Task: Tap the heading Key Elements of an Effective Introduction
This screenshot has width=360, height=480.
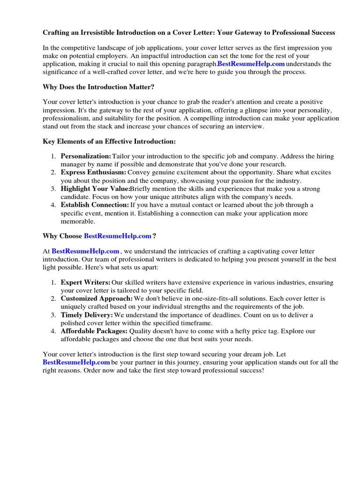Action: (x=109, y=141)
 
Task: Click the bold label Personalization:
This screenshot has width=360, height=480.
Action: (x=86, y=156)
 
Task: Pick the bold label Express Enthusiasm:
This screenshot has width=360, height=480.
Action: (x=93, y=172)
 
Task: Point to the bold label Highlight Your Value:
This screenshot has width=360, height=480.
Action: (x=95, y=189)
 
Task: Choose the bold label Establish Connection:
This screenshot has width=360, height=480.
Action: (x=95, y=205)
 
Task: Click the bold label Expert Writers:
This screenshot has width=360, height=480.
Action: (x=85, y=283)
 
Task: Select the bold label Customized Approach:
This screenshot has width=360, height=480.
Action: (x=97, y=299)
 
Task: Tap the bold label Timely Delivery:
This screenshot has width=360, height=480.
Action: (x=87, y=315)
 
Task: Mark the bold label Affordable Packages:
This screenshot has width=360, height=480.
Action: (x=94, y=331)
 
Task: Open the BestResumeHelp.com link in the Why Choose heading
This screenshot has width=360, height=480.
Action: (x=118, y=236)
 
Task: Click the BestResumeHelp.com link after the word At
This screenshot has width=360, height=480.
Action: (x=85, y=252)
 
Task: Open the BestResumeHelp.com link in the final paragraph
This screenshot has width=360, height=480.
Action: (x=76, y=362)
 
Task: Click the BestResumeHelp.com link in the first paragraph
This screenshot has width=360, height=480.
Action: (x=251, y=64)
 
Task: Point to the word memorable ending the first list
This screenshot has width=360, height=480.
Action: (x=78, y=221)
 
